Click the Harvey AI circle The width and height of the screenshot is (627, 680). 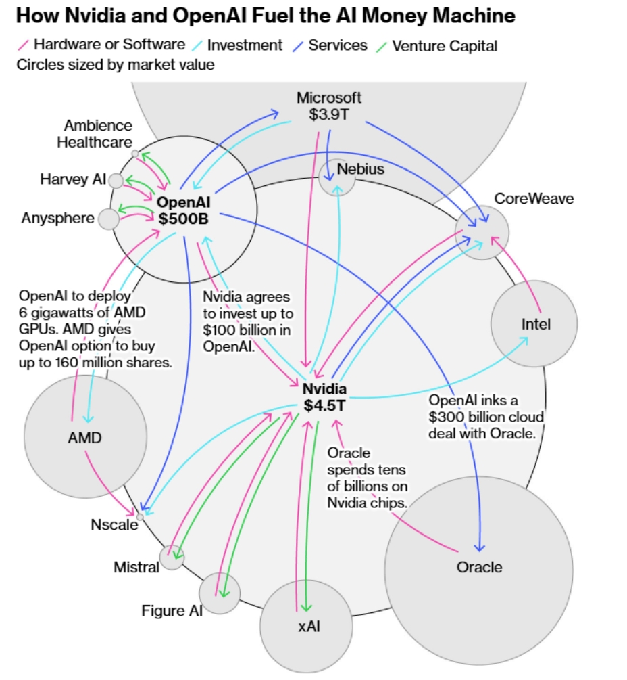tap(116, 181)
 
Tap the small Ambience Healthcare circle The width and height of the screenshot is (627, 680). tap(135, 154)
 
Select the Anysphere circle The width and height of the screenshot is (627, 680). tap(108, 219)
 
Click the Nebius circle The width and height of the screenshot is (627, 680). tap(337, 177)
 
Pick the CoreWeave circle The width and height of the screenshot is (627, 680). tap(482, 233)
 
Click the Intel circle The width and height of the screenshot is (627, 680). tap(534, 324)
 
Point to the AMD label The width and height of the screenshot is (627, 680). tap(84, 438)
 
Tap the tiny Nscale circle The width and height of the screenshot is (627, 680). tap(140, 516)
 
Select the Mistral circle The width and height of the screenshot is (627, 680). tap(172, 557)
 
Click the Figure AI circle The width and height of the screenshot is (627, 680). tap(220, 592)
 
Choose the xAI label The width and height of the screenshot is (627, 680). tap(309, 627)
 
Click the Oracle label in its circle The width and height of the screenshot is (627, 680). tap(480, 567)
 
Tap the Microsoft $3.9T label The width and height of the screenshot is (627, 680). tap(329, 106)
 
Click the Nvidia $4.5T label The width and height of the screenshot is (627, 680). tap(324, 397)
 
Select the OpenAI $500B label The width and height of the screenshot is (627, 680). tap(184, 210)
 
